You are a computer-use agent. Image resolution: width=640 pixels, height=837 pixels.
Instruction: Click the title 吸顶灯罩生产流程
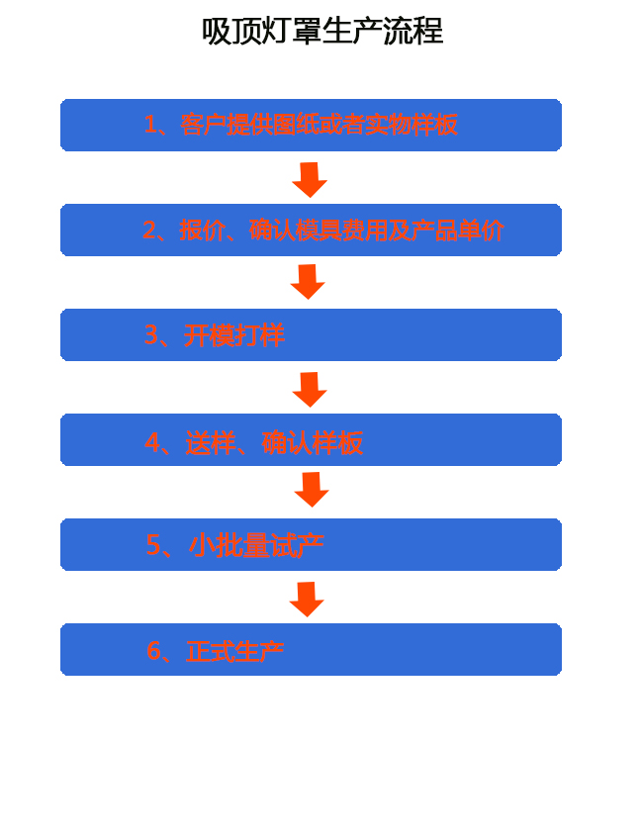coord(322,31)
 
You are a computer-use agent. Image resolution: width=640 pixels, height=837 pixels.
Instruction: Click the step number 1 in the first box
coord(151,125)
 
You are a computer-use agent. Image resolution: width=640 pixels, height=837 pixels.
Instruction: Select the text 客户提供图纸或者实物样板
coord(319,125)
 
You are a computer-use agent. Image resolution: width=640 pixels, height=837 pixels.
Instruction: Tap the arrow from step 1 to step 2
coord(310,180)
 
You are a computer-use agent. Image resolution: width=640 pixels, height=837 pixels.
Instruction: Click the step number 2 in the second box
coord(150,231)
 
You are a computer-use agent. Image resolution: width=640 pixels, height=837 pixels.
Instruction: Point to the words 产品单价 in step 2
coord(458,231)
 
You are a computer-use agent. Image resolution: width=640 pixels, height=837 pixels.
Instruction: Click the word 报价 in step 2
coord(202,231)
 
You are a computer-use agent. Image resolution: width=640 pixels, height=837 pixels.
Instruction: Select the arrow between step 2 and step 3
coord(308,282)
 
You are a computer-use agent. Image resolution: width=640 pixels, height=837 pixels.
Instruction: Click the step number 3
coord(151,334)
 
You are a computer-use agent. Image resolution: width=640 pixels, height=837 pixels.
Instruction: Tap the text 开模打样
coord(234,335)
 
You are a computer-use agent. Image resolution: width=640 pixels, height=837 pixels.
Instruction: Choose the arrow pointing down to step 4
coord(310,390)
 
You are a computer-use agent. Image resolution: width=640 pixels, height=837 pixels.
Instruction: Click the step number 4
coord(152,442)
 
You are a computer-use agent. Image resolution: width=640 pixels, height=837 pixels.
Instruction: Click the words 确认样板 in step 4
coord(313,443)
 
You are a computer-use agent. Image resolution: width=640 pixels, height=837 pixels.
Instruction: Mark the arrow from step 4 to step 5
coord(312,490)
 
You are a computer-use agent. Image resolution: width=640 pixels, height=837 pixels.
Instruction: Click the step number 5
coord(153,545)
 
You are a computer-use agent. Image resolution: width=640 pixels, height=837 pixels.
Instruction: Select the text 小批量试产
coord(256,545)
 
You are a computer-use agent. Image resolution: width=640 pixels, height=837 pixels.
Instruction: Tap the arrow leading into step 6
coord(307,600)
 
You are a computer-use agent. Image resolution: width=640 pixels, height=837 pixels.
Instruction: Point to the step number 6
coord(153,651)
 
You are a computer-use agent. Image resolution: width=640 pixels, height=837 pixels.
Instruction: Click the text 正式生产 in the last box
coord(234,651)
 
